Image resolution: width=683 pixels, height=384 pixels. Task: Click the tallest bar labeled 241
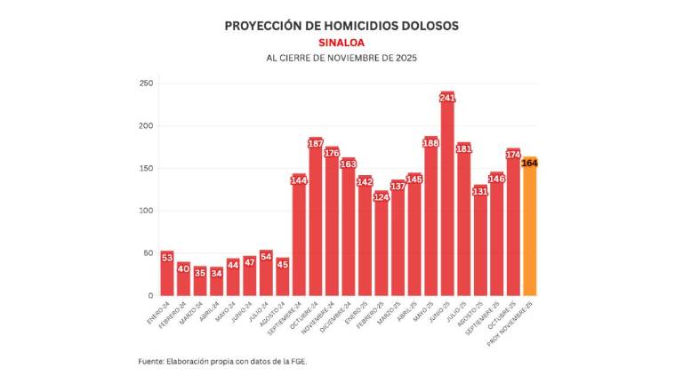tap(447, 196)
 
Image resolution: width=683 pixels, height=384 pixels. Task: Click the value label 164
tap(529, 163)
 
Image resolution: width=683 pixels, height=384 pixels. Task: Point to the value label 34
tap(216, 273)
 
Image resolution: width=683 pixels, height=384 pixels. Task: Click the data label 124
tap(382, 196)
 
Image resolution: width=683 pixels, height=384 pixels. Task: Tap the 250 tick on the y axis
tap(146, 84)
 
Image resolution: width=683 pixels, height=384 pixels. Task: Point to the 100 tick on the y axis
tap(146, 211)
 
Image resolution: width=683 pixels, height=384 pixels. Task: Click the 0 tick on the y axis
tap(150, 295)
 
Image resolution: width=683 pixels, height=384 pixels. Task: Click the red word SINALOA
tap(341, 42)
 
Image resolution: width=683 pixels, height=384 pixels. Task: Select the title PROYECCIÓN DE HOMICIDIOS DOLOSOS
tap(341, 26)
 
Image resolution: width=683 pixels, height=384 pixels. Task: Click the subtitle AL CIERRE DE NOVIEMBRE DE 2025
tap(341, 58)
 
